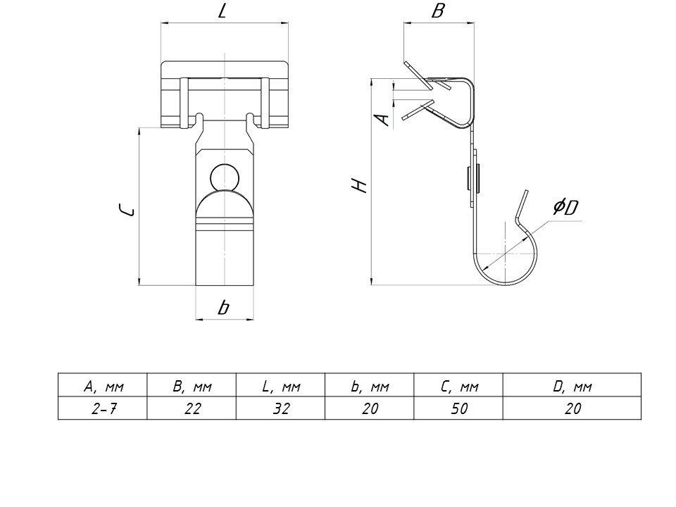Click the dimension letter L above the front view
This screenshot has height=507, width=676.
coord(223,12)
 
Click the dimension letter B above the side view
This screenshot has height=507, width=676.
coord(438,11)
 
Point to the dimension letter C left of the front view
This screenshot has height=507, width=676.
coord(125,209)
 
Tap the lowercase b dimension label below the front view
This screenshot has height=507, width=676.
coord(223,307)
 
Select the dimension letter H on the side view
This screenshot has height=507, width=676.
coord(360,186)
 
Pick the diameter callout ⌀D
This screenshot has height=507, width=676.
coord(565,207)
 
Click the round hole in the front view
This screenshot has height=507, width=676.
coord(224,177)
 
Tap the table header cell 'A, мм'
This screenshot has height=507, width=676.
coord(103,387)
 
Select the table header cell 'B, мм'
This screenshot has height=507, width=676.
coord(192,387)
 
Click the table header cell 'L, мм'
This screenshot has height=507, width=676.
coord(281,387)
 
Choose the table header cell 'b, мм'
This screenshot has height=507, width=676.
coord(370,387)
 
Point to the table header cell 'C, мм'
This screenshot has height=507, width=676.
coord(459,387)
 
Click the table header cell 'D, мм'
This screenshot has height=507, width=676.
coord(572,387)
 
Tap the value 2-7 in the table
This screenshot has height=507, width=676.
coord(103,408)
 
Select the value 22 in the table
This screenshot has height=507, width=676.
coord(192,408)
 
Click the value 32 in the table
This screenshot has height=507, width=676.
coord(281,408)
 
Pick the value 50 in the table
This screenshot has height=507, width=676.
coord(459,408)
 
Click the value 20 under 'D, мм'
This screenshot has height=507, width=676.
coord(572,408)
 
